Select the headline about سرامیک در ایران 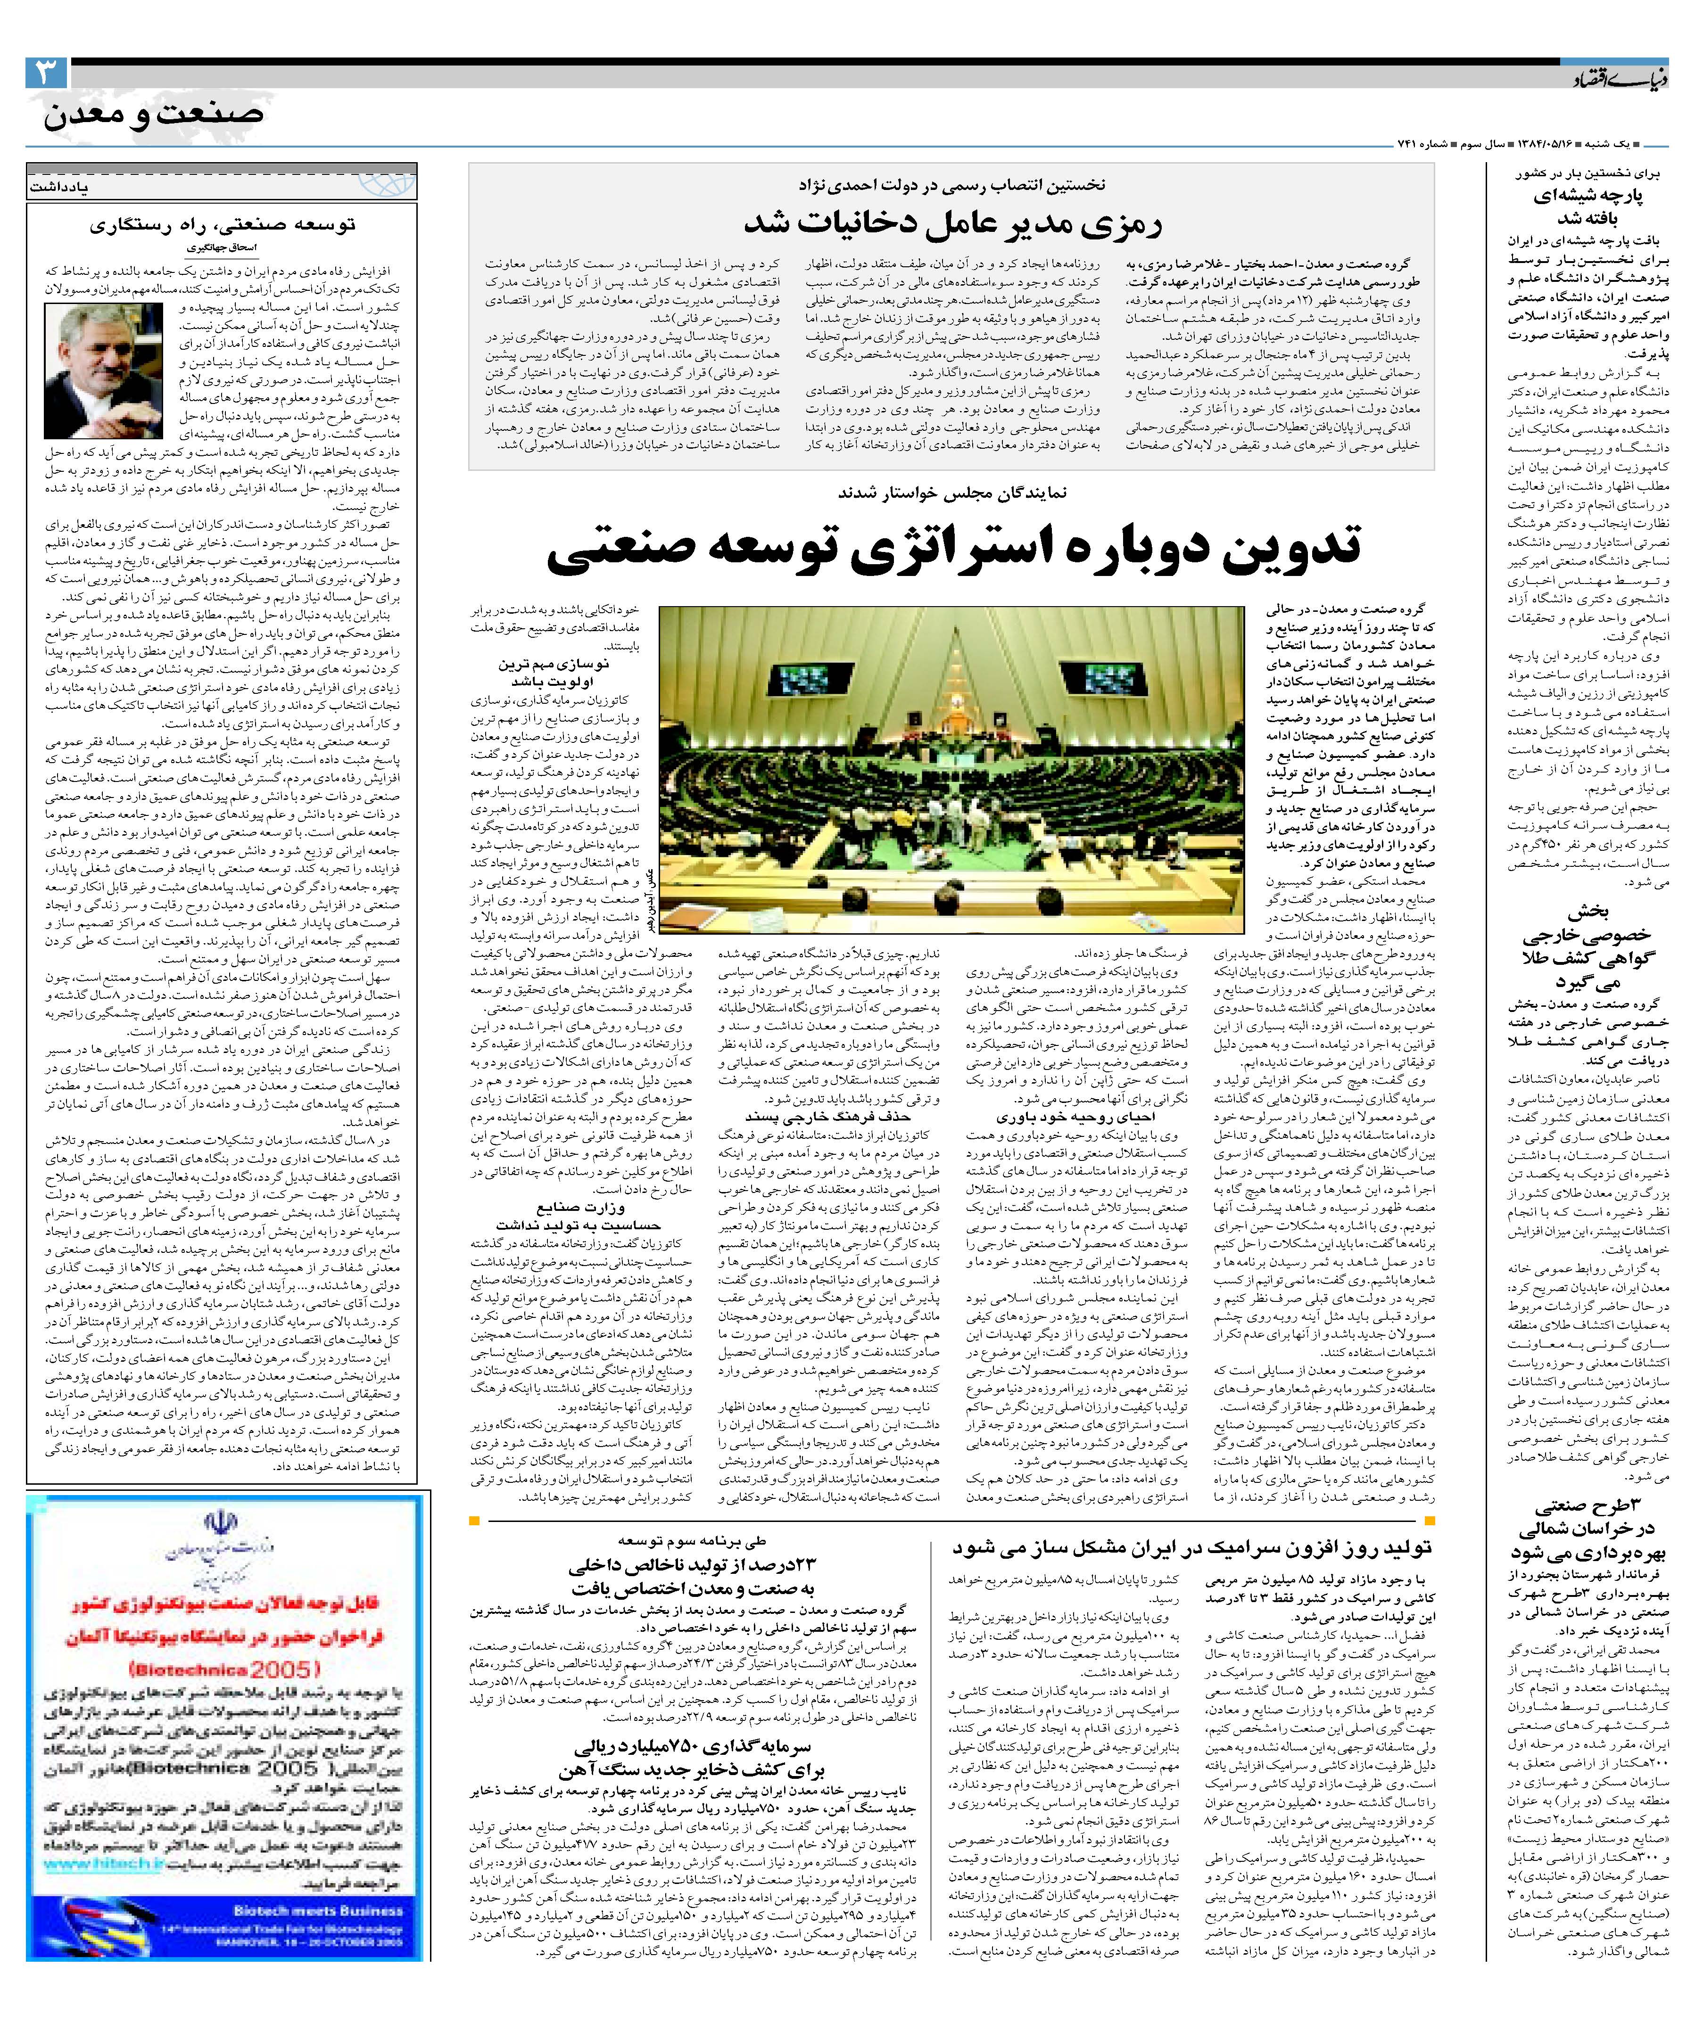pyautogui.click(x=1192, y=1548)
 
